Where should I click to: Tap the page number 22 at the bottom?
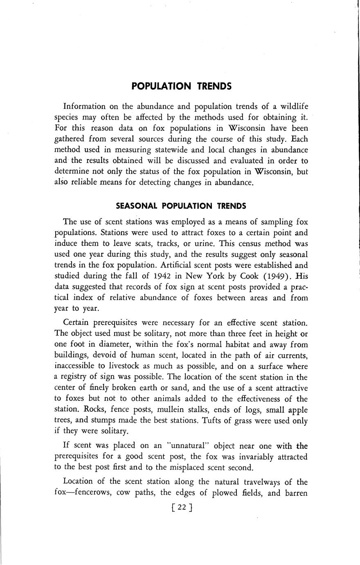click(182, 507)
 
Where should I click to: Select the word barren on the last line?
click(294, 493)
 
